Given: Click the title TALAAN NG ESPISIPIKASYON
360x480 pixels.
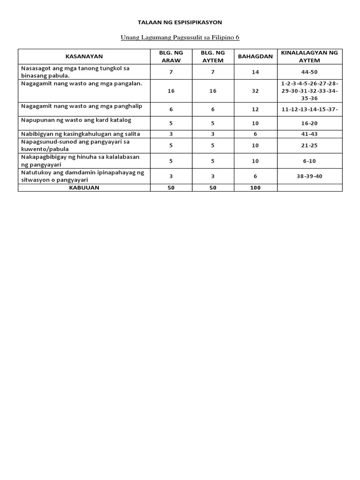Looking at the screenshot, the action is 180,22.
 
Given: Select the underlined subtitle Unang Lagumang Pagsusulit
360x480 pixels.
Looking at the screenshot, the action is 180,37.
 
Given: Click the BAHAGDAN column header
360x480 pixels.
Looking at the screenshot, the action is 255,56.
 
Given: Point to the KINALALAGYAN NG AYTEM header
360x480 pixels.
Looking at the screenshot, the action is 309,56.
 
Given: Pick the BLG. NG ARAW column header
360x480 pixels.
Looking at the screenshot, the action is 171,56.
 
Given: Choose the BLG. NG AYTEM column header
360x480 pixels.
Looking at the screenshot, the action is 213,56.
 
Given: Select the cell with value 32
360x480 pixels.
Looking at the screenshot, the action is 255,91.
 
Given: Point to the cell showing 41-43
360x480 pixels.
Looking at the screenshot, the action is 309,134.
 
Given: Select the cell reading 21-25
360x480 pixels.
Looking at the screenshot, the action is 309,145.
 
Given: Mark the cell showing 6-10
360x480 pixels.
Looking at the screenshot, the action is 309,161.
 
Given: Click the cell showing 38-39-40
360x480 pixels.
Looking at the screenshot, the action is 309,176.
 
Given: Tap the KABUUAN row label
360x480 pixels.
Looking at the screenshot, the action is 84,187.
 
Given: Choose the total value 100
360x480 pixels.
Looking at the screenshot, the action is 255,187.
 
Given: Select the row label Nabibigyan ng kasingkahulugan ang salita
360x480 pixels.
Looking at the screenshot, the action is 81,134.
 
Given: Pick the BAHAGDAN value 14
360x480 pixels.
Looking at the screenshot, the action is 255,72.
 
